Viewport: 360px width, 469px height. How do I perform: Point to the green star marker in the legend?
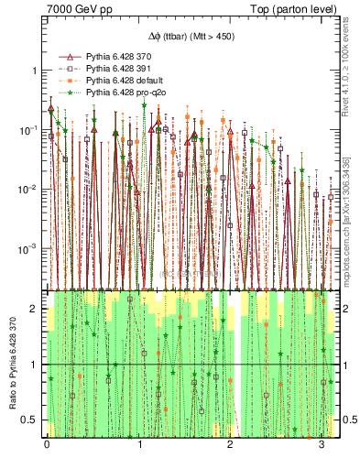[66, 92]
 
